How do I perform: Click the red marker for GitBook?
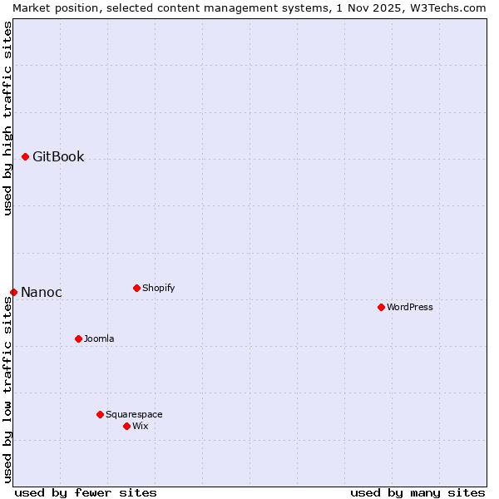pyautogui.click(x=25, y=156)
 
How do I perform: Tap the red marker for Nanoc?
pyautogui.click(x=13, y=292)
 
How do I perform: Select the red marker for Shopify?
pyautogui.click(x=136, y=288)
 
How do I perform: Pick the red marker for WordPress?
pyautogui.click(x=381, y=307)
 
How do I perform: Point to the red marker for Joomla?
pyautogui.click(x=78, y=338)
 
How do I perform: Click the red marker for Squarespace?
pyautogui.click(x=100, y=414)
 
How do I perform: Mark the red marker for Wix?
pyautogui.click(x=126, y=426)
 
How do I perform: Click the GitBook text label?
pyautogui.click(x=58, y=156)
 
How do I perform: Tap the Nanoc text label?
pyautogui.click(x=42, y=292)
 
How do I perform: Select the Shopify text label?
pyautogui.click(x=158, y=288)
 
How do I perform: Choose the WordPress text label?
pyautogui.click(x=410, y=307)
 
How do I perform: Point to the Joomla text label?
pyautogui.click(x=99, y=338)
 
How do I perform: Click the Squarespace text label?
pyautogui.click(x=134, y=414)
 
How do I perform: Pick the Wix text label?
pyautogui.click(x=140, y=426)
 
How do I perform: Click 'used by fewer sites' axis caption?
pyautogui.click(x=86, y=492)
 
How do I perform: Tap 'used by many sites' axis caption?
pyautogui.click(x=417, y=492)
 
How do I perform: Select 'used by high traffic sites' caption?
pyautogui.click(x=7, y=118)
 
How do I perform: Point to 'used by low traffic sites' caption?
pyautogui.click(x=7, y=388)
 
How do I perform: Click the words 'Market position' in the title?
pyautogui.click(x=49, y=7)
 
